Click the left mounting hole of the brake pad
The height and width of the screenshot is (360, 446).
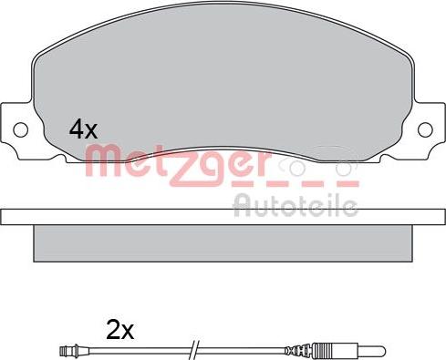click(x=21, y=130)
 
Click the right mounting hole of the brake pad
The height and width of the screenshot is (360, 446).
click(x=425, y=129)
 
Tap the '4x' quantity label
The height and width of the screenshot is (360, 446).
click(x=83, y=129)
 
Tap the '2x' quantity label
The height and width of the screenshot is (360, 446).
click(x=119, y=330)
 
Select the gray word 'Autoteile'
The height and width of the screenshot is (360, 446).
click(x=296, y=206)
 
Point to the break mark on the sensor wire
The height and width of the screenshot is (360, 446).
click(x=194, y=350)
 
